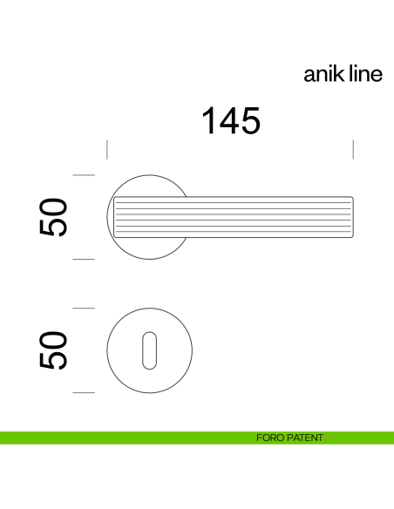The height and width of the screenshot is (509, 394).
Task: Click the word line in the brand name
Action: [362, 75]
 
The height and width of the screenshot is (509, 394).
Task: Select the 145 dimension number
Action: [231, 120]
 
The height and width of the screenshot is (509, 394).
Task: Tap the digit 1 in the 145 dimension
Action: [210, 120]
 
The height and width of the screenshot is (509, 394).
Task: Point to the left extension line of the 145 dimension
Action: [106, 148]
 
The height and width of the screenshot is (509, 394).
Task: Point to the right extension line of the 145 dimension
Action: [353, 148]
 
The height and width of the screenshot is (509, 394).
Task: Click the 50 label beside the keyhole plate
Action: [54, 350]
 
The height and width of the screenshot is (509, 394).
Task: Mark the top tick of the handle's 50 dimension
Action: [83, 176]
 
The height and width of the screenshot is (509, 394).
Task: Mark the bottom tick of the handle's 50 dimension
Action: [83, 259]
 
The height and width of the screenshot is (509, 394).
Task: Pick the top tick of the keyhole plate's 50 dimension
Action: [83, 309]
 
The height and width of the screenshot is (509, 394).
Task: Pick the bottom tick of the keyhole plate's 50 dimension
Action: [83, 392]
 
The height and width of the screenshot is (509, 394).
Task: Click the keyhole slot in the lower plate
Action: [148, 350]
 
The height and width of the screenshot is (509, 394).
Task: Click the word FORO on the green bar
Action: [269, 438]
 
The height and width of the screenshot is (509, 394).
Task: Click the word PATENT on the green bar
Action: [304, 438]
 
